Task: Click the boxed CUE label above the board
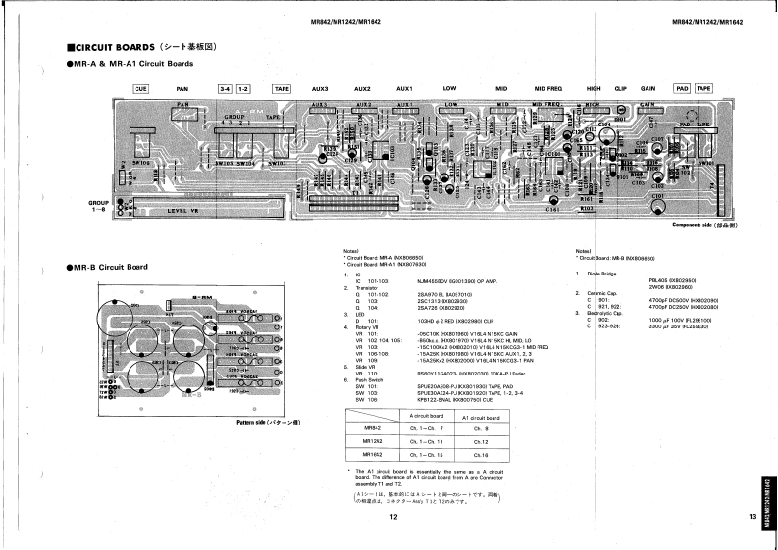[x=140, y=89]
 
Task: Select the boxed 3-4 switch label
[x=225, y=89]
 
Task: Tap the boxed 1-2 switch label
[x=243, y=89]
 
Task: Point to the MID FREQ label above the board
[x=547, y=89]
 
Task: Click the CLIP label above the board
[x=620, y=89]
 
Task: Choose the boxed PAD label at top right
[x=682, y=89]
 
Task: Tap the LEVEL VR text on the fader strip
[x=183, y=210]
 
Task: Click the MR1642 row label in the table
[x=373, y=455]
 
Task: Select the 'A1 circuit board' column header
[x=481, y=416]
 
